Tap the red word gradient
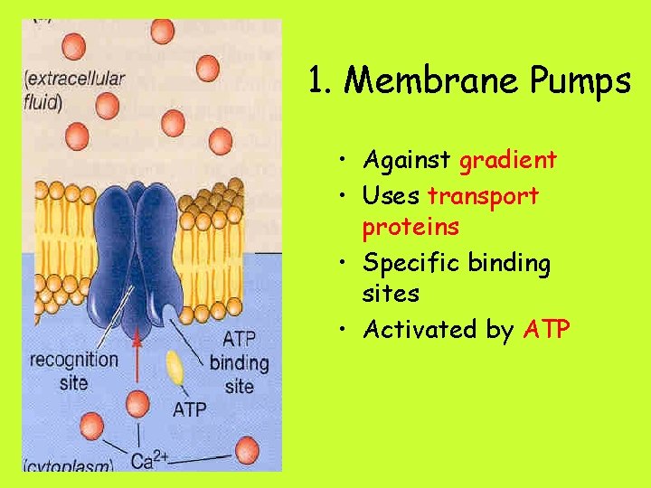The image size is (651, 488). point(507,161)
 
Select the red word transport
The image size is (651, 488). point(483,196)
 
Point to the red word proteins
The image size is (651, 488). point(410,227)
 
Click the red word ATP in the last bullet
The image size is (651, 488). point(546,330)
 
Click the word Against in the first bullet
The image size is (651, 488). point(408,161)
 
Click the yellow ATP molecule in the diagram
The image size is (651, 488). point(175,368)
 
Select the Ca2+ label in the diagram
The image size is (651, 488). point(149,461)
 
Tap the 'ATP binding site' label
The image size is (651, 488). point(239,363)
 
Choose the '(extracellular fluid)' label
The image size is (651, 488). point(74,89)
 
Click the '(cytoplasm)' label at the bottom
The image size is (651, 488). point(69,466)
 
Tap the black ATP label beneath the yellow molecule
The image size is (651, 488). point(189,409)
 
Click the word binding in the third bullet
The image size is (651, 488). point(509,263)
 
